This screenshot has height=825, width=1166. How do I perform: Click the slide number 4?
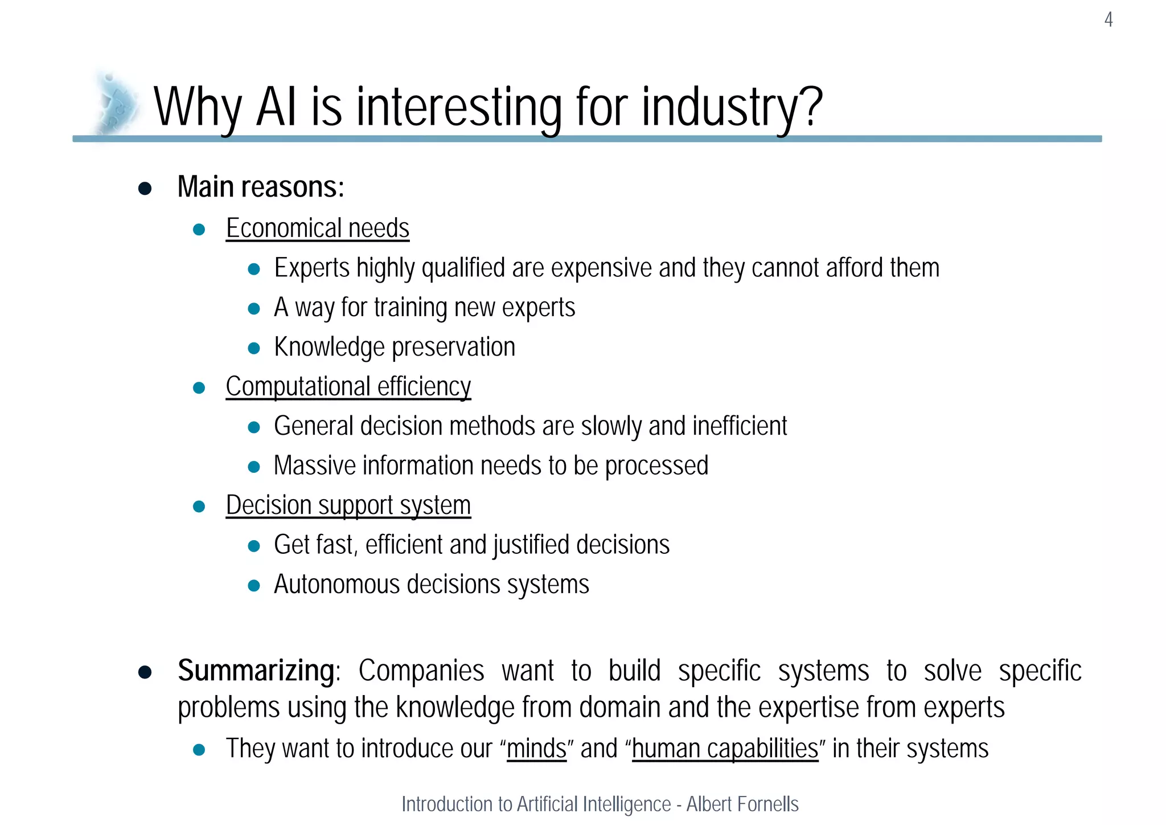tap(1108, 20)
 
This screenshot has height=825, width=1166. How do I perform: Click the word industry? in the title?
tap(732, 107)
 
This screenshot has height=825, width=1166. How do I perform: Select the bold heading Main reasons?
tap(261, 187)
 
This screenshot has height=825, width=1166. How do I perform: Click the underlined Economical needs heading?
tap(317, 228)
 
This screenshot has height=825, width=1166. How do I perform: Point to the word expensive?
tap(601, 268)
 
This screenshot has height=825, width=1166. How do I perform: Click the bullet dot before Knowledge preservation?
tap(254, 348)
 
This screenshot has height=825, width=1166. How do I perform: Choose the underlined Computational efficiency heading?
tap(348, 387)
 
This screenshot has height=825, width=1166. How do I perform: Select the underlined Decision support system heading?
tap(348, 505)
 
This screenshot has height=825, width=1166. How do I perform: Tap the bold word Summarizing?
tap(256, 671)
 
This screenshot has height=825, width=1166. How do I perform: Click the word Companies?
tap(421, 671)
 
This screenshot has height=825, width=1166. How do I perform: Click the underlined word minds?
tap(536, 749)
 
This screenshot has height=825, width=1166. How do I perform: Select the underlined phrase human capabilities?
tap(725, 749)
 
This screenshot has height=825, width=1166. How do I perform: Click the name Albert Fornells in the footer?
tap(742, 804)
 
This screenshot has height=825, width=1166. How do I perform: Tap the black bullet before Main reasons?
tap(145, 189)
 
